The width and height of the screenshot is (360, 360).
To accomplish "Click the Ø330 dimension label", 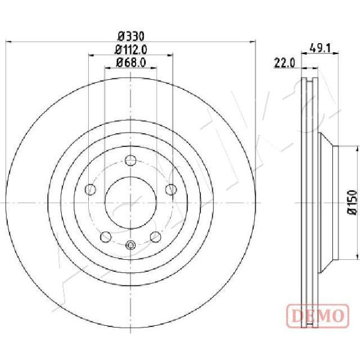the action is click(x=131, y=37).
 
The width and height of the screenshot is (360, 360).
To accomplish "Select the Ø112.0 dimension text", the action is click(x=131, y=50).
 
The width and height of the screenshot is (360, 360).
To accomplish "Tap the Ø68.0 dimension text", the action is click(x=131, y=62).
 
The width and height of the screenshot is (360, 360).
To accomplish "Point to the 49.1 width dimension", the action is click(x=320, y=48).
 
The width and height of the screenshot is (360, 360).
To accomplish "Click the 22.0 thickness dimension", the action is click(x=284, y=63).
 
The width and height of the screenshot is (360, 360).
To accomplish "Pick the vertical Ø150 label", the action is click(x=352, y=202).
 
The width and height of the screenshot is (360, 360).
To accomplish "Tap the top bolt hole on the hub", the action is click(x=130, y=160).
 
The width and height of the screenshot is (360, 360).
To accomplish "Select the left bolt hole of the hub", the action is click(x=90, y=190).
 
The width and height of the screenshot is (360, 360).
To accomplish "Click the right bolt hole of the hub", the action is click(x=171, y=190).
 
